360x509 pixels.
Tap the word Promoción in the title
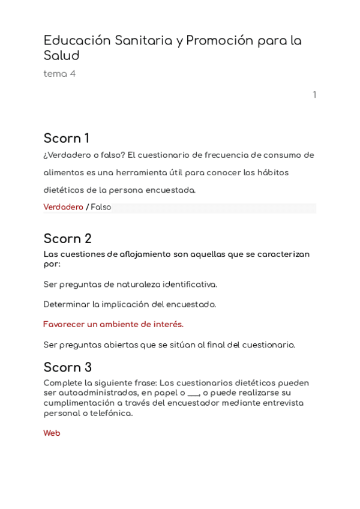click(220, 41)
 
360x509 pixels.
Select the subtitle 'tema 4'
click(59, 74)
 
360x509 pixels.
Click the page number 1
click(314, 95)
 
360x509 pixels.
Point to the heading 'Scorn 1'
click(66, 139)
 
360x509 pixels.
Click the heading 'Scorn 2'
click(67, 239)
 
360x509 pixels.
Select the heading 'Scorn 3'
click(67, 367)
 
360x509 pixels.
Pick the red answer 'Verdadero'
click(63, 207)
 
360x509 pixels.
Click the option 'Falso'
click(101, 207)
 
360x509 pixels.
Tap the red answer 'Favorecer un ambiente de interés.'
click(113, 325)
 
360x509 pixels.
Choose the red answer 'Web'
click(52, 433)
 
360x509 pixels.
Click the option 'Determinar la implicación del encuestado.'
click(130, 304)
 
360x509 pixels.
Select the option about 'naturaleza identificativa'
click(130, 285)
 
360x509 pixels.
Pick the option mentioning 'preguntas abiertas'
click(169, 345)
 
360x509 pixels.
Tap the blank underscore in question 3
click(193, 393)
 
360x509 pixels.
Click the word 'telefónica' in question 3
click(111, 414)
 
